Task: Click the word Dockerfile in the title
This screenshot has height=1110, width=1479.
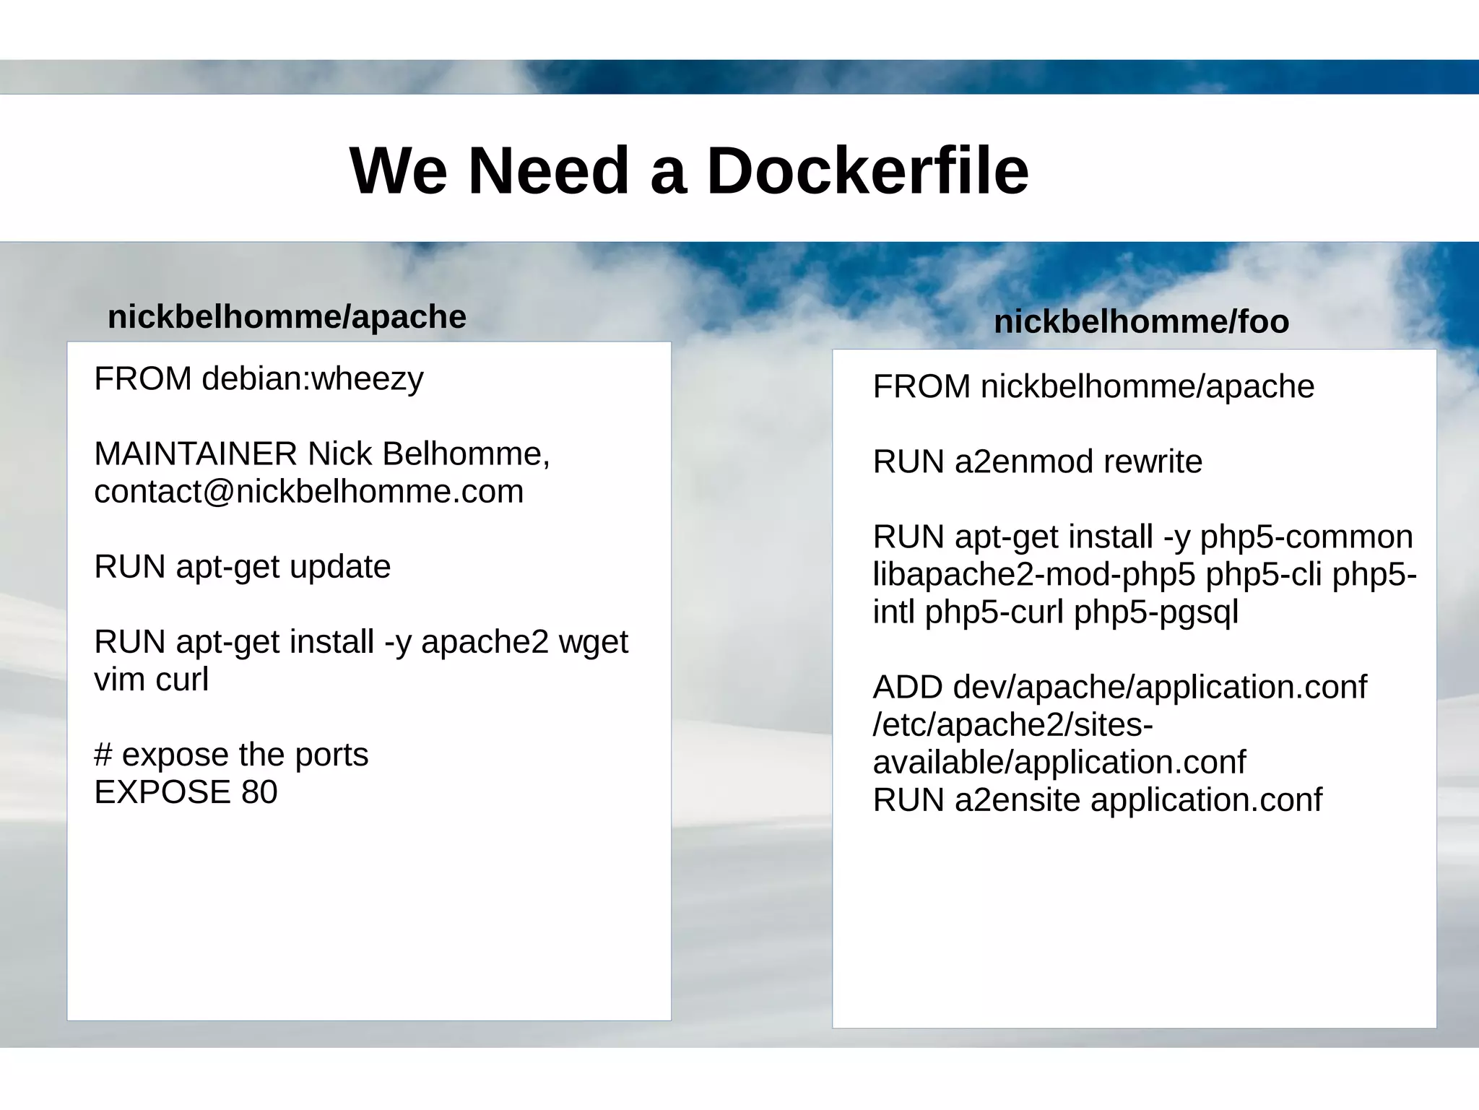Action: coord(867,171)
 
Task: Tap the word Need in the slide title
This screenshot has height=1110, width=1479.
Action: coord(548,171)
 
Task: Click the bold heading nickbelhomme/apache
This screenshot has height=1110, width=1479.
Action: coord(287,317)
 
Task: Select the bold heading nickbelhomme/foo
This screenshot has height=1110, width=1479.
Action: coord(1141,322)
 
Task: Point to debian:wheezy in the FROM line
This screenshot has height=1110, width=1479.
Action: coord(312,379)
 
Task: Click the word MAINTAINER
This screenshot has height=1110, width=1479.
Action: coord(195,454)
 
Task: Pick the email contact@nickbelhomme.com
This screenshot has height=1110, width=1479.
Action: coord(308,492)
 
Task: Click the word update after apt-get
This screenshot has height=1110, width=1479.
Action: coord(340,567)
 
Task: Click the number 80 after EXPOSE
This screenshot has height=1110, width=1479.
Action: coord(259,792)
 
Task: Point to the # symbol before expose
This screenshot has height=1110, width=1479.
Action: coord(103,755)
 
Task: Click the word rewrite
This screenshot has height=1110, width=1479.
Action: coord(1153,462)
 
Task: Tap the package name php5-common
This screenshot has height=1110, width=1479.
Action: coord(1306,537)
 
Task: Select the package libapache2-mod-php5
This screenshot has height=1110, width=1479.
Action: coord(1034,575)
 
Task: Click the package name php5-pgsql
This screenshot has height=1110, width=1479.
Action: coord(1155,612)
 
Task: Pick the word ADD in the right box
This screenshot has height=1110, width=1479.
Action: coord(907,688)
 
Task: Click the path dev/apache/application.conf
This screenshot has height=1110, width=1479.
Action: coord(1160,688)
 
